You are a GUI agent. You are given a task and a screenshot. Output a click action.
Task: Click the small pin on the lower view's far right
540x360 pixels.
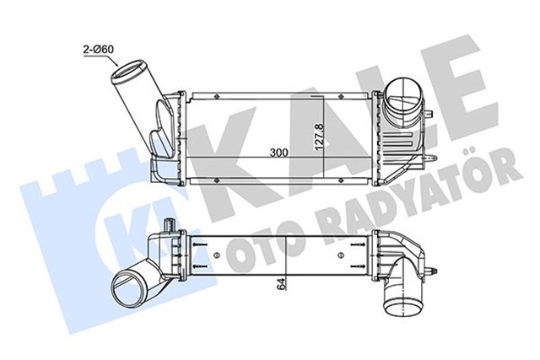click(432, 271)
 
